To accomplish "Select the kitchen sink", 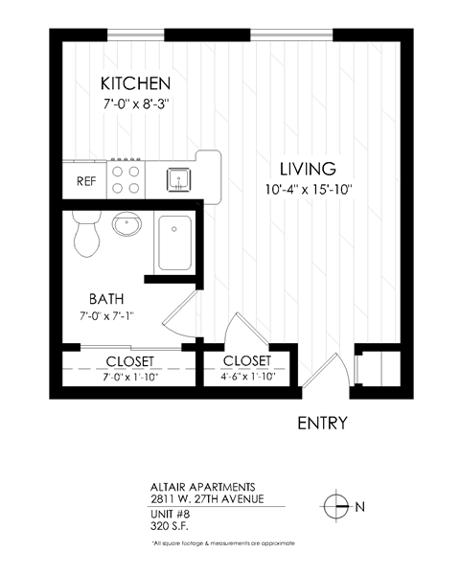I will coord(179,178).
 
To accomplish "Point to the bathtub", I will coord(174,243).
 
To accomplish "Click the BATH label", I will coord(107,298).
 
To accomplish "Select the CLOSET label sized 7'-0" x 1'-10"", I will coord(130,361).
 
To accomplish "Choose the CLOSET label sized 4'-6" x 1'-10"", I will coord(246,360).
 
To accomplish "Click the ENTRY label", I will coord(322,423).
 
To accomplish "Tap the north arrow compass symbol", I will coord(335,505).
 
